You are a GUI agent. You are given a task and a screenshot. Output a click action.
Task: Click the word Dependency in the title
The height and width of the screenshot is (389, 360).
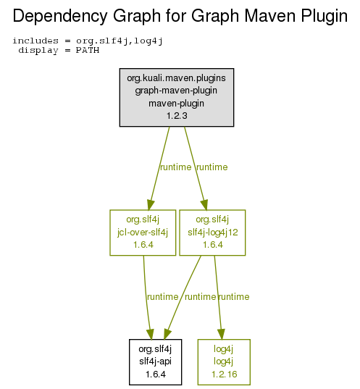pos(59,16)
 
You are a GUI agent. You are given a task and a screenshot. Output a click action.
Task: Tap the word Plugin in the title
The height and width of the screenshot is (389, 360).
pos(324,16)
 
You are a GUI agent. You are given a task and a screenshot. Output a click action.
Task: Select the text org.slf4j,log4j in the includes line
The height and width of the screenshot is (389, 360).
pos(120,41)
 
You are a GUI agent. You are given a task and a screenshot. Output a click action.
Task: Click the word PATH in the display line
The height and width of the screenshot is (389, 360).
pos(88,51)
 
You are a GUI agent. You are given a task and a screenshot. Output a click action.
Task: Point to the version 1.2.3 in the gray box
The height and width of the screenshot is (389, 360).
pos(177,116)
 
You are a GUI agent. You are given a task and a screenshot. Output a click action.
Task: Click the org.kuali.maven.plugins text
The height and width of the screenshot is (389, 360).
pos(177,78)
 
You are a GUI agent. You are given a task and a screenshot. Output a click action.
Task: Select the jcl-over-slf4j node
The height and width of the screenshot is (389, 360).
pos(143,233)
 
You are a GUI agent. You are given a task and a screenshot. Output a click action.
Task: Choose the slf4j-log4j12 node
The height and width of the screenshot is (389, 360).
pos(212,233)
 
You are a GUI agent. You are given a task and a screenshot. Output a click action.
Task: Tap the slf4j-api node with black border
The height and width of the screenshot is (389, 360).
pos(155,362)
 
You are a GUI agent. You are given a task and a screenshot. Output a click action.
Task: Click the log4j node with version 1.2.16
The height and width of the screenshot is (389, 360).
pos(224,362)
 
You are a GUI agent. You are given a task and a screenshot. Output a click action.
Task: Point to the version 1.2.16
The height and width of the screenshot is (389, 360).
pos(225,374)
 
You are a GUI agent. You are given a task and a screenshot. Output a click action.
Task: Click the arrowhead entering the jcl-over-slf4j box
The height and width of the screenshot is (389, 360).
pos(151,205)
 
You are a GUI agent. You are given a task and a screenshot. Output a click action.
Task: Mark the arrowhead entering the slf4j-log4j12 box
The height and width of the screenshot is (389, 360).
pos(204,205)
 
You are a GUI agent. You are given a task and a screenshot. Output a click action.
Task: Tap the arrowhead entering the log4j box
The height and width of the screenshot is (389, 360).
pos(222,334)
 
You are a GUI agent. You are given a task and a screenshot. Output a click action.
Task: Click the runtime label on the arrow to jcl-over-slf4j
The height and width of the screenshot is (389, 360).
pos(176,167)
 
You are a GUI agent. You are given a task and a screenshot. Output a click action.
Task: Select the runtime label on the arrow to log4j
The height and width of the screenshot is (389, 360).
pos(234,297)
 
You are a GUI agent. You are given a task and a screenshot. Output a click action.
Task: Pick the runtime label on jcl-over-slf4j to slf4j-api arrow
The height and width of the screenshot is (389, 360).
pos(162,297)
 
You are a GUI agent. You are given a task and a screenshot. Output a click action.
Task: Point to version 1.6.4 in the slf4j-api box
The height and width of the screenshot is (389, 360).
pos(156,374)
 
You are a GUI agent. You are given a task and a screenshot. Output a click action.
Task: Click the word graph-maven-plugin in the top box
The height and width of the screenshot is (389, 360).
pos(176,91)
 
